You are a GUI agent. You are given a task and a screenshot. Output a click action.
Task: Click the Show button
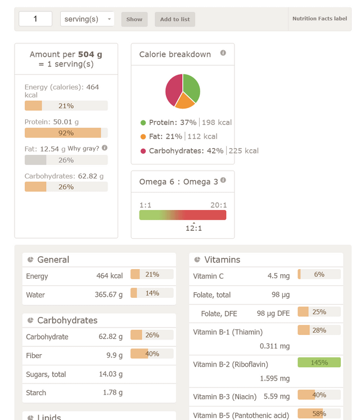coord(134,19)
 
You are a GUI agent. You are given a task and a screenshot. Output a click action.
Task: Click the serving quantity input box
coord(35,19)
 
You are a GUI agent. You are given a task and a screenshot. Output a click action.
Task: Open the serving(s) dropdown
coord(87,19)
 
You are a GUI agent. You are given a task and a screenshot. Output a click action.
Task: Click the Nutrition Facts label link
coord(319,19)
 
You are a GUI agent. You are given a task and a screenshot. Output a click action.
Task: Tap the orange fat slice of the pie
coord(185,101)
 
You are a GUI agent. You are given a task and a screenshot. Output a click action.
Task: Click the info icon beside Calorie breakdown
coord(223,53)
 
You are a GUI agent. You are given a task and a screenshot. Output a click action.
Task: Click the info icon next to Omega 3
coord(223,180)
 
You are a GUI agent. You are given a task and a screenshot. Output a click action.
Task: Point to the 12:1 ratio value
coord(193,228)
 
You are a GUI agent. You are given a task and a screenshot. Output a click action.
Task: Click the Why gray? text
coord(83,149)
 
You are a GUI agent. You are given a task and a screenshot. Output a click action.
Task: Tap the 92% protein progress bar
coord(66,133)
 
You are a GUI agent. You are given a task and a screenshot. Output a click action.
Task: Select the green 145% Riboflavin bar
coord(319,363)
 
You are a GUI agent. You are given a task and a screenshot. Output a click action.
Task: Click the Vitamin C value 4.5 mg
coord(278,276)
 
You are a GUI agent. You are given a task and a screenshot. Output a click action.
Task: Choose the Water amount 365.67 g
coord(109,294)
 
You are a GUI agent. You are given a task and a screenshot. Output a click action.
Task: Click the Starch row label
coord(36,392)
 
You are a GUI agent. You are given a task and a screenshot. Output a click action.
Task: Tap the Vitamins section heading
coord(222,260)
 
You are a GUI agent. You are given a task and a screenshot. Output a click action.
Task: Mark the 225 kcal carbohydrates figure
coord(244,151)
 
